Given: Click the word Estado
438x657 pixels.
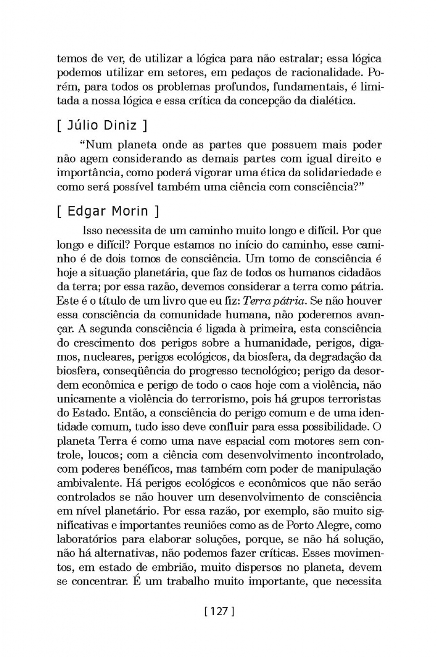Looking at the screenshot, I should (91, 413).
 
